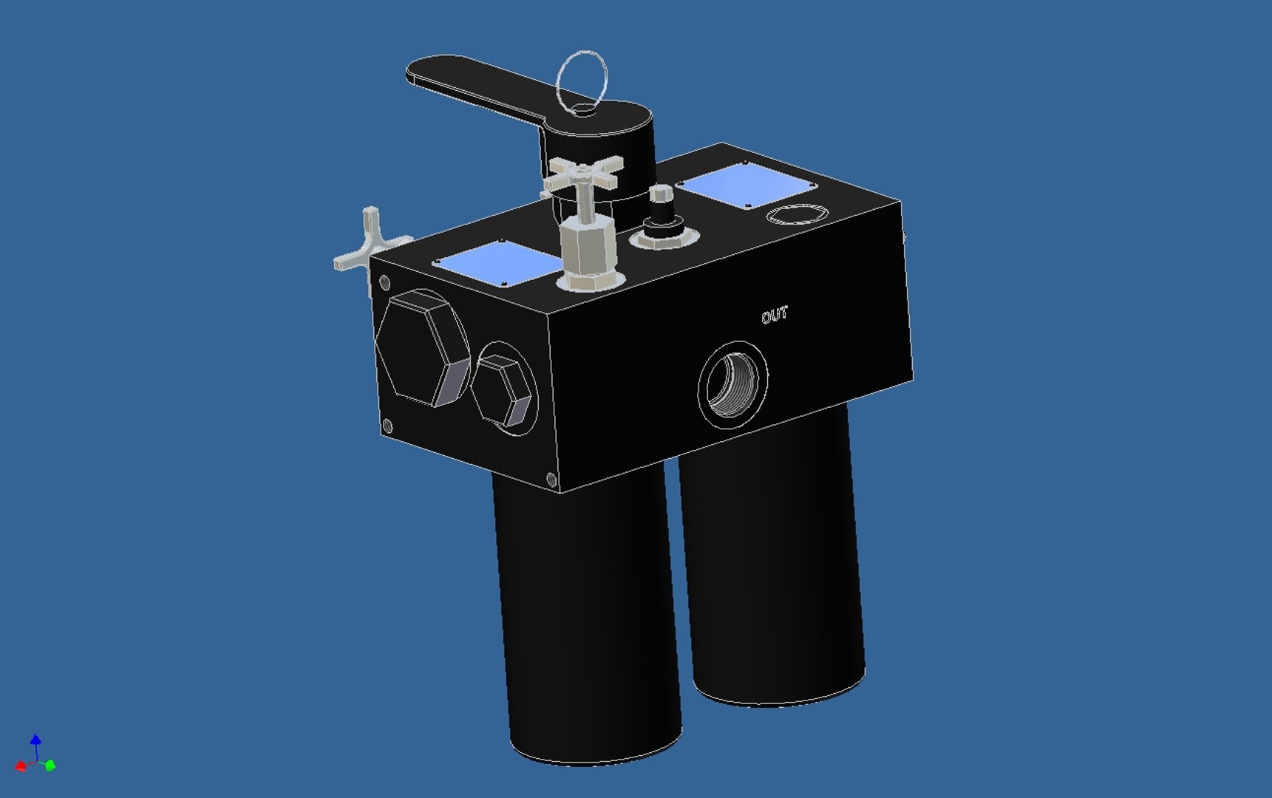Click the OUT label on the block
[x=775, y=316]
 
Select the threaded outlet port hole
[x=732, y=384]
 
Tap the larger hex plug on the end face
[x=422, y=347]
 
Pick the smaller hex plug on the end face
[x=503, y=389]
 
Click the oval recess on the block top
[x=795, y=215]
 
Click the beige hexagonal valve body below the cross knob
[x=588, y=248]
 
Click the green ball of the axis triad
[x=50, y=765]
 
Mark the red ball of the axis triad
[x=21, y=766]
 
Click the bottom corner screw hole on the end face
[x=551, y=479]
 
